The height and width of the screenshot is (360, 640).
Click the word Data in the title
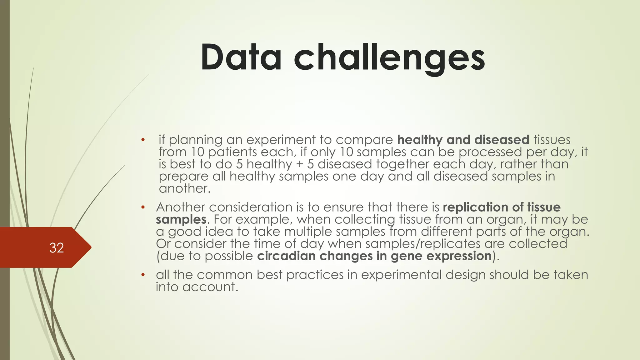point(241,58)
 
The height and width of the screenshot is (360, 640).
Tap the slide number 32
point(57,248)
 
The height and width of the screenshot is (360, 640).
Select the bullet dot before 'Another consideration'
point(143,207)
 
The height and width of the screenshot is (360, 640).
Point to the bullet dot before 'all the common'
point(143,275)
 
